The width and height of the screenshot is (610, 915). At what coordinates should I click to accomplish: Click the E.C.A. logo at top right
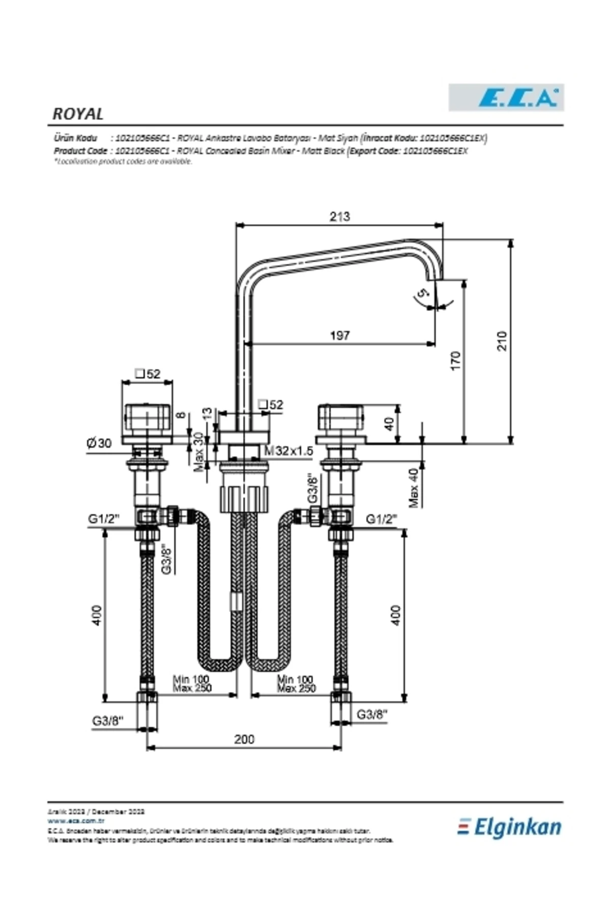coord(506,97)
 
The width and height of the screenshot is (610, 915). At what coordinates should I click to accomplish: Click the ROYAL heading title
coord(78,114)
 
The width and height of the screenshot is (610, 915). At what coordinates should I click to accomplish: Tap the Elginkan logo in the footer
coord(510,827)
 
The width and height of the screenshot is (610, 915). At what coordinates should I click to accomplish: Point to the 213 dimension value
coord(340,217)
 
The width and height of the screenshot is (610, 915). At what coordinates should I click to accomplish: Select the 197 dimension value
coord(340,335)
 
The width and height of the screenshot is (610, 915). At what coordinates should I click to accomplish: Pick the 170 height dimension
coord(455,360)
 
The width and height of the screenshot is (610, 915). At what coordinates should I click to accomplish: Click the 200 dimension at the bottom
coord(244,739)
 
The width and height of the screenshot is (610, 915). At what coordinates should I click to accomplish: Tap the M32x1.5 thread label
coord(289,451)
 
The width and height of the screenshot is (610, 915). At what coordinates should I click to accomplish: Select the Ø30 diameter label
coord(99,443)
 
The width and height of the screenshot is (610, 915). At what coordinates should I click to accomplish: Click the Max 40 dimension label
coord(414,488)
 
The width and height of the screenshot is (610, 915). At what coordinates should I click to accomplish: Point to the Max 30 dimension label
coord(199,452)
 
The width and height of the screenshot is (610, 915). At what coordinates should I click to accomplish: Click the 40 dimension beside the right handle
coord(389,424)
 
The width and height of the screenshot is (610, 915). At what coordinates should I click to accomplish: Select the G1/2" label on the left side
coord(103,519)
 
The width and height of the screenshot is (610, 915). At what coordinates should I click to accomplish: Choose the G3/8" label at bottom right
coord(372,714)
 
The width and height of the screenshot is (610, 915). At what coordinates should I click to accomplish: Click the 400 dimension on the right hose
coord(396,615)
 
